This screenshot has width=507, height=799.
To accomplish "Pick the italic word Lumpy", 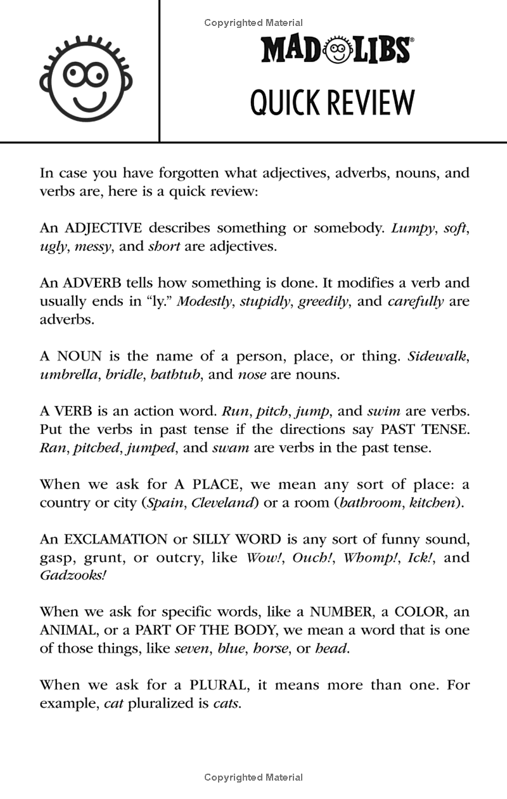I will pyautogui.click(x=414, y=227).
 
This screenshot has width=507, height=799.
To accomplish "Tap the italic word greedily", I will pyautogui.click(x=324, y=301).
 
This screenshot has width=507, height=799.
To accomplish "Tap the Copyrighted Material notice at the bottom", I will pyautogui.click(x=253, y=777).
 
